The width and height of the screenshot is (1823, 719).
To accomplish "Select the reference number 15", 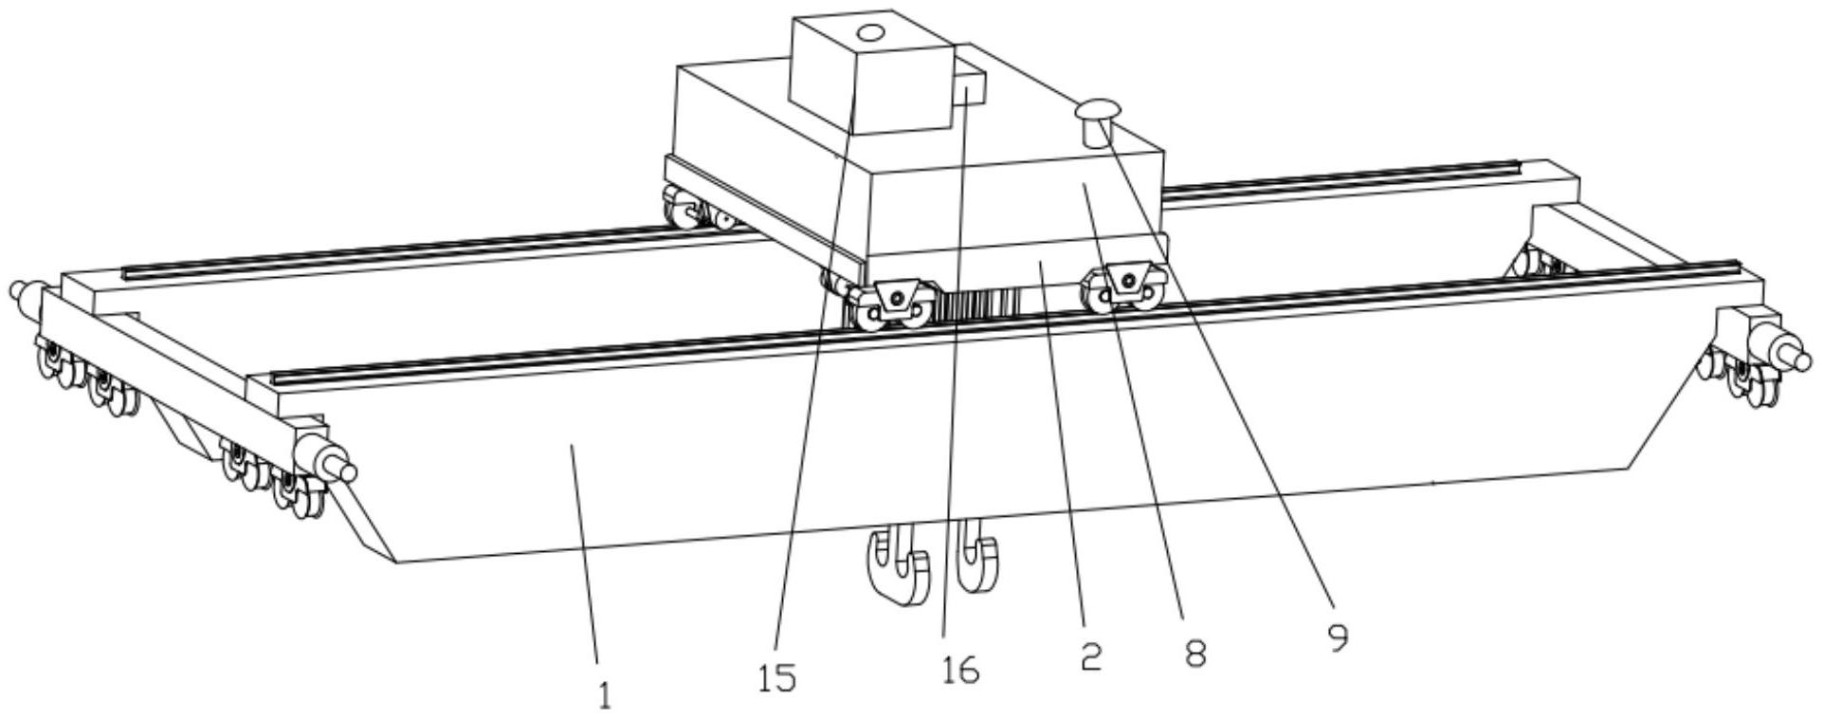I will pos(777,678).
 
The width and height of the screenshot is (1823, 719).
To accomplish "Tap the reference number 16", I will pos(959,671).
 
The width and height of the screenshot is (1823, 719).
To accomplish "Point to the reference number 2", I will pos(1091,655).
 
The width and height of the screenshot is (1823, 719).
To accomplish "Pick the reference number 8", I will pos(1194,653).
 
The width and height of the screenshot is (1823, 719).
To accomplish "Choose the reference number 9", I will pos(1338,637).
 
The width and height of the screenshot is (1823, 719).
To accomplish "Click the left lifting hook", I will pos(896,566).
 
